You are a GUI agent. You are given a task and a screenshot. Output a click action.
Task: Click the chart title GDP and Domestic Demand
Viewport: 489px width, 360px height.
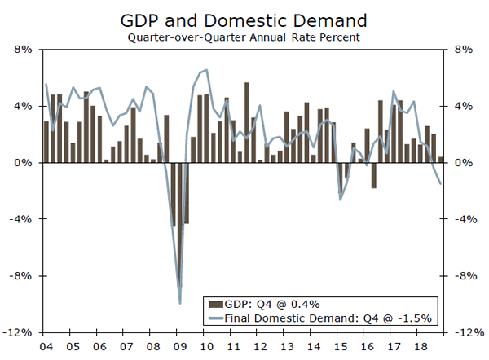click(244, 19)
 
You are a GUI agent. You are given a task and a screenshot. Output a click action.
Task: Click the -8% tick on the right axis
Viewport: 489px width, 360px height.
click(464, 276)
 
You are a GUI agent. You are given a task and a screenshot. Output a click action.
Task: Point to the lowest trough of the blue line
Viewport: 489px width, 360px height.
click(180, 303)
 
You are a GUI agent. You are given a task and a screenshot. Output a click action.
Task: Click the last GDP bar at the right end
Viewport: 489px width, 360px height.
click(441, 160)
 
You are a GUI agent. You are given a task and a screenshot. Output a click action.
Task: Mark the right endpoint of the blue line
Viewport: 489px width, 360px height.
click(441, 183)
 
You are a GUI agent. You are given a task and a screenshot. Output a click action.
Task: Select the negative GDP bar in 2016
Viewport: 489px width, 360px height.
click(374, 175)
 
